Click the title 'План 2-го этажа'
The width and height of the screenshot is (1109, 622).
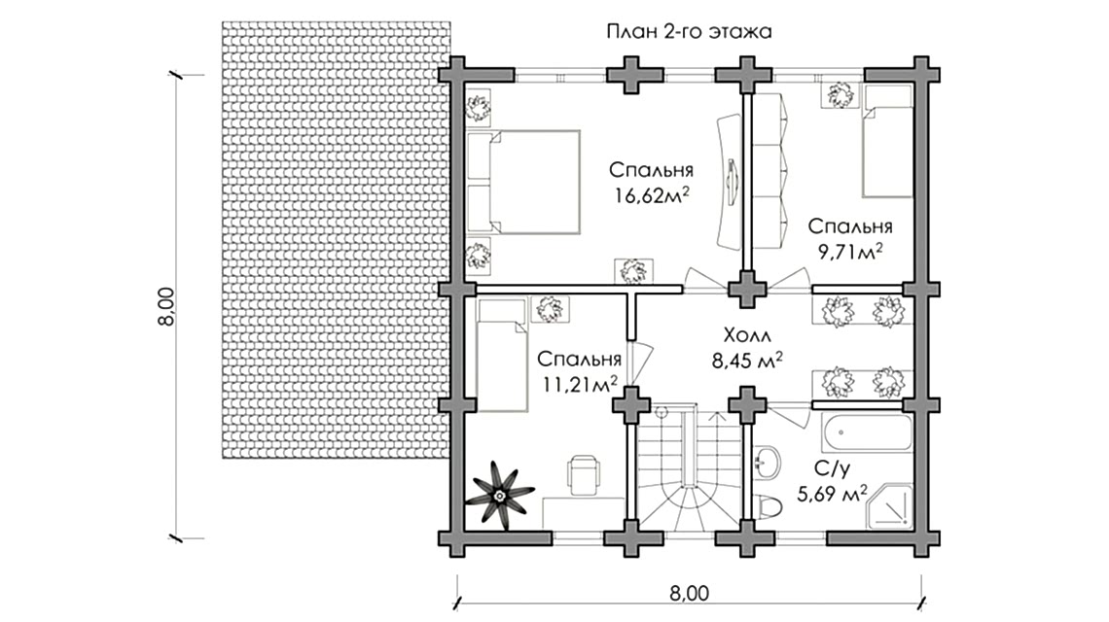click(x=689, y=32)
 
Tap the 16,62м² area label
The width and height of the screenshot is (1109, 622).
click(x=652, y=195)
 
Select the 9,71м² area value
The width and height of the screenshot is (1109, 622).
click(x=850, y=252)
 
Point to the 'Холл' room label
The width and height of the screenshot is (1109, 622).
click(x=747, y=335)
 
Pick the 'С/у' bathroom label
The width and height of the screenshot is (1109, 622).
click(x=832, y=468)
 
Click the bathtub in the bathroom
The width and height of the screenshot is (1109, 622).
click(x=867, y=432)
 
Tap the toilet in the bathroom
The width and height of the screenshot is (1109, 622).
click(x=768, y=506)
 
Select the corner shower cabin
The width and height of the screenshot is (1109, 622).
click(x=890, y=506)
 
